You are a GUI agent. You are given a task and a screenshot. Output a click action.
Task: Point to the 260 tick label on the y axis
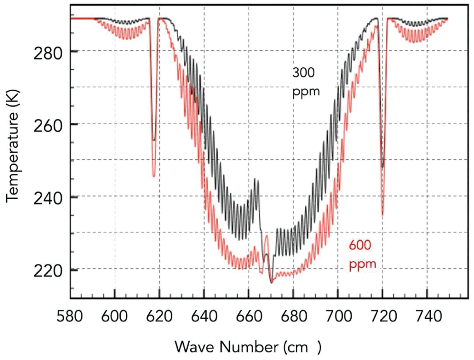pyautogui.click(x=47, y=124)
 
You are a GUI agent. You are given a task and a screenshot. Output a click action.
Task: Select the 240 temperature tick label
pyautogui.click(x=47, y=197)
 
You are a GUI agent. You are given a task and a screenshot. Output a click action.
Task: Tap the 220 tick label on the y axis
pyautogui.click(x=47, y=270)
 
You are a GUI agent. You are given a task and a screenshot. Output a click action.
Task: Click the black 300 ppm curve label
pyautogui.click(x=306, y=82)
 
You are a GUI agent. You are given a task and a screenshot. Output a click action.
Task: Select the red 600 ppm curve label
pyautogui.click(x=363, y=254)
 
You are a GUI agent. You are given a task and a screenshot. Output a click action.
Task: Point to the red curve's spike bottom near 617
pyautogui.click(x=154, y=176)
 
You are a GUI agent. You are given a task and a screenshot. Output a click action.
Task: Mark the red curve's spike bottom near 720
pyautogui.click(x=383, y=214)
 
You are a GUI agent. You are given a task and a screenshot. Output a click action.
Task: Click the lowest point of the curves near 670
pyautogui.click(x=271, y=283)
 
